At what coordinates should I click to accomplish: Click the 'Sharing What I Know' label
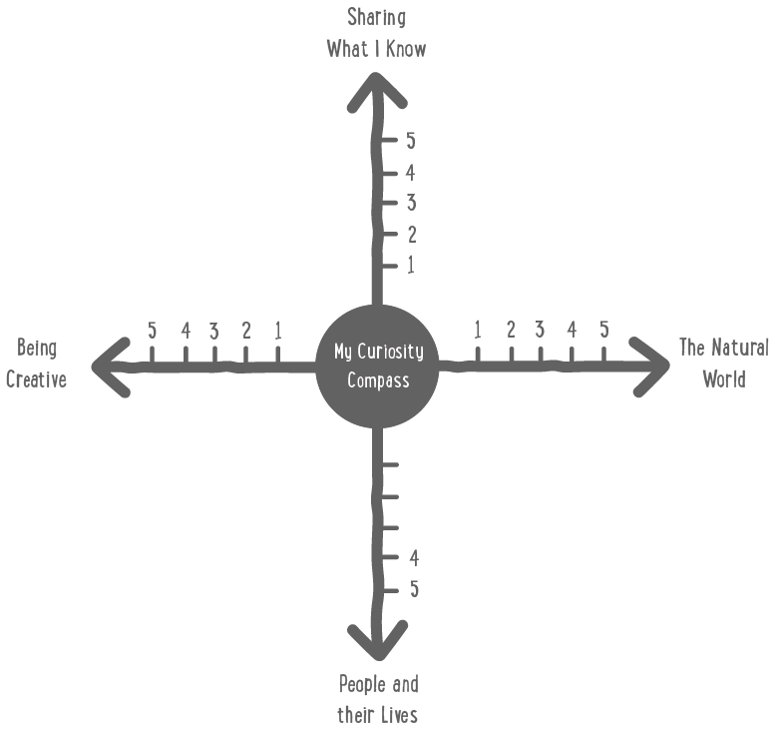tap(376, 32)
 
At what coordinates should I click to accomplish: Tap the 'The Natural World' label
tap(723, 363)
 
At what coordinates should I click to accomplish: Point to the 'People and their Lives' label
tap(378, 699)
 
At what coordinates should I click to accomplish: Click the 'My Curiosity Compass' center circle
tap(377, 366)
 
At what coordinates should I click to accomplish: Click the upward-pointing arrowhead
tap(376, 90)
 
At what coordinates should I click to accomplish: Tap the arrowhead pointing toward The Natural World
tap(653, 366)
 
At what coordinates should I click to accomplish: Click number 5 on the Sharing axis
tap(410, 141)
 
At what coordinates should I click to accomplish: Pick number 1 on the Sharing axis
tap(410, 266)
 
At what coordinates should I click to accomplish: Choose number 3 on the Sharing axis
tap(410, 204)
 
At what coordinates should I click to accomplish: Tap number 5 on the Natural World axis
tap(603, 330)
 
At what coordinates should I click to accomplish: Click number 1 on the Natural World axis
tap(478, 330)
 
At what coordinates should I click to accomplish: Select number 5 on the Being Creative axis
tap(152, 330)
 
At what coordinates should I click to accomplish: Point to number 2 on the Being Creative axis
tap(245, 331)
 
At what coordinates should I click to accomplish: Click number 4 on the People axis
tap(413, 557)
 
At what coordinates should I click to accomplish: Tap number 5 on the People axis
tap(413, 588)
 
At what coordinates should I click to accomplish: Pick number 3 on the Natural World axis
tap(540, 330)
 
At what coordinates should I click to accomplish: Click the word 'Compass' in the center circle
tap(377, 380)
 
